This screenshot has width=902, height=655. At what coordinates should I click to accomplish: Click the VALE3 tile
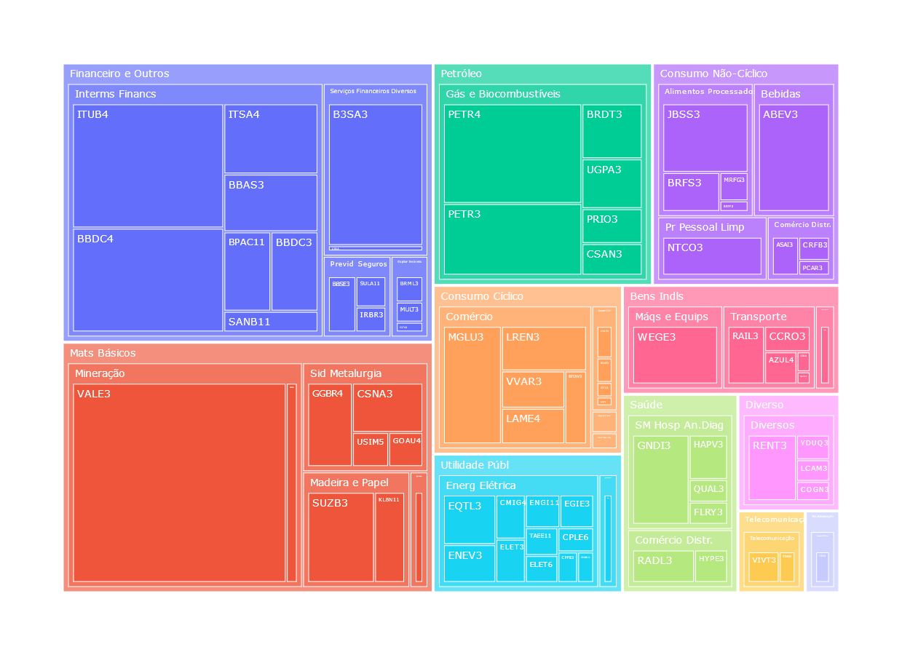click(179, 483)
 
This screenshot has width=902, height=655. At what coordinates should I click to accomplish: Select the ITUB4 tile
click(148, 166)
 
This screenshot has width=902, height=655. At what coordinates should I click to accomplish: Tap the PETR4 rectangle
click(513, 154)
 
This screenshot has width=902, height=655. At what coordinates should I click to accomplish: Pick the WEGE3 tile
click(675, 355)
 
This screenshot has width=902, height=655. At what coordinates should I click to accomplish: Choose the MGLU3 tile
click(472, 385)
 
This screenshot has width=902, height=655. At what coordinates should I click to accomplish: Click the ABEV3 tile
click(794, 158)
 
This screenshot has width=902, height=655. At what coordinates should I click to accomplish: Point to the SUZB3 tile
click(341, 537)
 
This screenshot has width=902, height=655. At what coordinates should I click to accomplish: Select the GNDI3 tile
click(660, 480)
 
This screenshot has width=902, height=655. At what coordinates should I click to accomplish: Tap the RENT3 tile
click(772, 468)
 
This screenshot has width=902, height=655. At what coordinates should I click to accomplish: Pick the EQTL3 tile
click(469, 520)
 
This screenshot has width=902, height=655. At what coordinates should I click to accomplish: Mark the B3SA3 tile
click(375, 175)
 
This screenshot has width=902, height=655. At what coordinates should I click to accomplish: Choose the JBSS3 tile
click(705, 138)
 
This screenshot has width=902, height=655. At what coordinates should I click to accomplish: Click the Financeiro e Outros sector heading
click(119, 74)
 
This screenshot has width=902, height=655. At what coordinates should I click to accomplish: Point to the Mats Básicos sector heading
click(103, 353)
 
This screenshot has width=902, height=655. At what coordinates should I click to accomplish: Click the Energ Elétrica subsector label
click(480, 485)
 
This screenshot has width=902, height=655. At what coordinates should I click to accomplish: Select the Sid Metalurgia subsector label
click(345, 373)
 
